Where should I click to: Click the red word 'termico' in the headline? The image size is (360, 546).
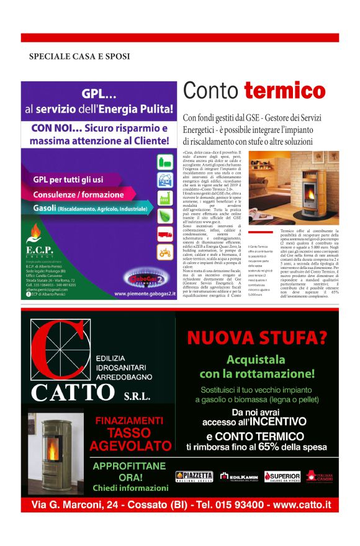(x=284, y=92)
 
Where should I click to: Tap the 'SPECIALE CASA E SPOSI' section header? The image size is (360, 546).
(x=79, y=57)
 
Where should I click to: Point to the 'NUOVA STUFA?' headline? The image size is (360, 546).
(x=257, y=338)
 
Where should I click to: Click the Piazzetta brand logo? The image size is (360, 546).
(x=194, y=476)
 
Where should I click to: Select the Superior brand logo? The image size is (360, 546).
(x=282, y=476)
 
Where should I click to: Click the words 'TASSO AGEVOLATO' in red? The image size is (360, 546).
(x=129, y=439)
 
